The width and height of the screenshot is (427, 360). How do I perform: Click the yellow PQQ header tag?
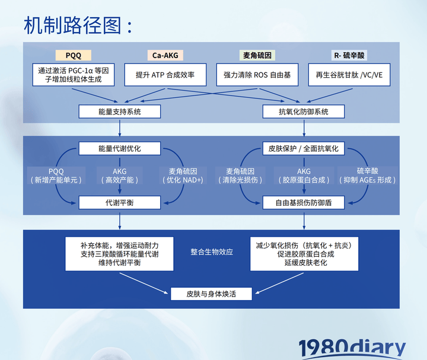tap(74, 55)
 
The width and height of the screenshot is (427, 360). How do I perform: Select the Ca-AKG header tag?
tap(165, 55)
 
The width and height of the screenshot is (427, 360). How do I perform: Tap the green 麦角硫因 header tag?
tap(257, 55)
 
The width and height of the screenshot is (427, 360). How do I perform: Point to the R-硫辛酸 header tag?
tap(349, 55)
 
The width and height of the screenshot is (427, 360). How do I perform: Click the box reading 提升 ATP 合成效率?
tap(165, 75)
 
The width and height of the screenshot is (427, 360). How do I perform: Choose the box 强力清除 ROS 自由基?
tap(257, 75)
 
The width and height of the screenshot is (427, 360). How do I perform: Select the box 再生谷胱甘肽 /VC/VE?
tap(349, 75)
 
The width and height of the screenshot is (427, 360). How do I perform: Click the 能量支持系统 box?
tap(120, 111)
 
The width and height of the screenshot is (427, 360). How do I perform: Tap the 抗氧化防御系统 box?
tap(304, 111)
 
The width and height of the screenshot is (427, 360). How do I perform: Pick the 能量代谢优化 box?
tap(120, 148)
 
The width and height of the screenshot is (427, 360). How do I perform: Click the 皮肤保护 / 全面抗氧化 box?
tap(304, 148)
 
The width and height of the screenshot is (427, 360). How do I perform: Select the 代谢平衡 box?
tap(120, 202)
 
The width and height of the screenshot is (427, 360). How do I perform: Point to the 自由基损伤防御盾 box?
tap(304, 202)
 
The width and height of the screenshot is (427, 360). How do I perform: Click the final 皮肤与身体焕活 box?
tap(211, 294)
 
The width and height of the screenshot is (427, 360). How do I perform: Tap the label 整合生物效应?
tap(212, 252)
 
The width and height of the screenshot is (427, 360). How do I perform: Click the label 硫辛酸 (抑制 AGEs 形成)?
tap(367, 176)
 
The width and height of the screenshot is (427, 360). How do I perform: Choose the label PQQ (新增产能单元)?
tap(56, 176)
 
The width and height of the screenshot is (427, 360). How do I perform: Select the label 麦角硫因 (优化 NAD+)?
tap(183, 176)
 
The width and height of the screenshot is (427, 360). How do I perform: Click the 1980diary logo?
tap(352, 348)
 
